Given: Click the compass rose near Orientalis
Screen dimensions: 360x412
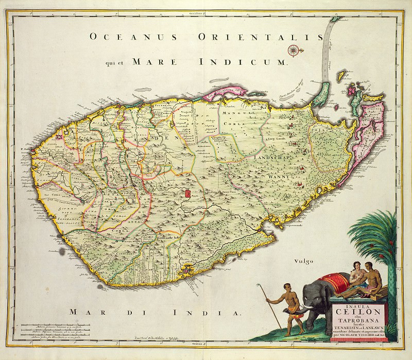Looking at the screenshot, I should click(x=294, y=50).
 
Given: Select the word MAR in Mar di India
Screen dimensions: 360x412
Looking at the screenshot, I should click(x=83, y=312).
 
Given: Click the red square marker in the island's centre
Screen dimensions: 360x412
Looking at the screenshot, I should click(x=187, y=194).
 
